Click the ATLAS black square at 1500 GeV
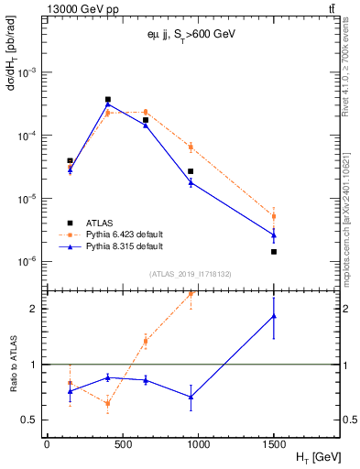coord(274,251)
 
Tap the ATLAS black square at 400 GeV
coord(108,99)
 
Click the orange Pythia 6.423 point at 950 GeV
coord(191,147)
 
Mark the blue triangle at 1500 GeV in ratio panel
coord(274,316)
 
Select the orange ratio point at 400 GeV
coord(108,403)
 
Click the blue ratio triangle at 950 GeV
coord(191,397)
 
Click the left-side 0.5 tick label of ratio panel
coord(31,420)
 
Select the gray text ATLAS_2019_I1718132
coord(183,273)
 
